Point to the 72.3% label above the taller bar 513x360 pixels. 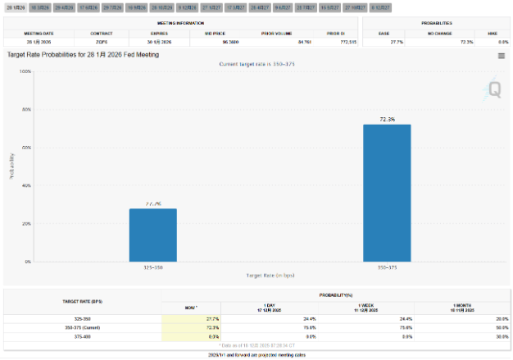pyautogui.click(x=388, y=119)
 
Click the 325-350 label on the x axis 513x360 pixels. pyautogui.click(x=152, y=267)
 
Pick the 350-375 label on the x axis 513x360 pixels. pyautogui.click(x=388, y=267)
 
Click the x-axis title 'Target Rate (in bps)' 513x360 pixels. pyautogui.click(x=270, y=276)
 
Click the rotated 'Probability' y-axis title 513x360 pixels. pyautogui.click(x=11, y=166)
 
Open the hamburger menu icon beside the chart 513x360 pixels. pyautogui.click(x=501, y=56)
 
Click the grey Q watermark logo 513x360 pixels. pyautogui.click(x=494, y=89)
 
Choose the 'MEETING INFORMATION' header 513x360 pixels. pyautogui.click(x=179, y=23)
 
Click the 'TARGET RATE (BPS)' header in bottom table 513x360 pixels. pyautogui.click(x=83, y=301)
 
